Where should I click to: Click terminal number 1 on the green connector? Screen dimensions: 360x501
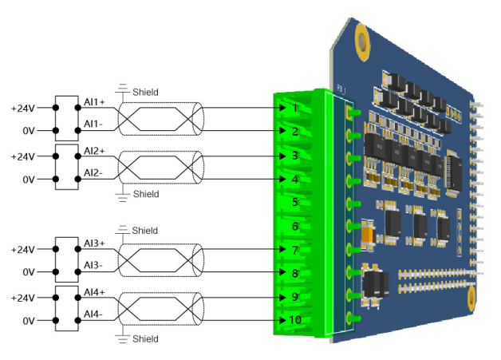pyautogui.click(x=294, y=107)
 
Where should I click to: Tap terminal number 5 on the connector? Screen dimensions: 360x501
pyautogui.click(x=294, y=203)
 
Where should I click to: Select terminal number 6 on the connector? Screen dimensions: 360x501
pyautogui.click(x=294, y=227)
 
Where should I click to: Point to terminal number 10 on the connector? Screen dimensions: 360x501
pyautogui.click(x=294, y=321)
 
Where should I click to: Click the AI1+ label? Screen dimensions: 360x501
pyautogui.click(x=96, y=102)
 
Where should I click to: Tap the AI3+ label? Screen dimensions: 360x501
pyautogui.click(x=96, y=243)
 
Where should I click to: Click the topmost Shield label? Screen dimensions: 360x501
pyautogui.click(x=145, y=92)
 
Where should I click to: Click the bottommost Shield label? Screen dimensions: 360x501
pyautogui.click(x=145, y=339)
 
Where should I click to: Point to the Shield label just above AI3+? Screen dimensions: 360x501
pyautogui.click(x=145, y=231)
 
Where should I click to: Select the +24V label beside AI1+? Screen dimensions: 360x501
pyautogui.click(x=22, y=108)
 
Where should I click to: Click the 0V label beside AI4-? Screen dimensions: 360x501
pyautogui.click(x=29, y=321)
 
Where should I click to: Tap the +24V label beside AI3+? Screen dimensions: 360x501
pyautogui.click(x=22, y=250)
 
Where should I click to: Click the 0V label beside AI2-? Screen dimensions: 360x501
pyautogui.click(x=29, y=180)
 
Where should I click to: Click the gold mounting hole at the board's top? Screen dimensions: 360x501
pyautogui.click(x=363, y=37)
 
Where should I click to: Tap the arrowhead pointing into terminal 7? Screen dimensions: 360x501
pyautogui.click(x=282, y=250)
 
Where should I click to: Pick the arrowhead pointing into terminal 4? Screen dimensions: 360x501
pyautogui.click(x=282, y=179)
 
